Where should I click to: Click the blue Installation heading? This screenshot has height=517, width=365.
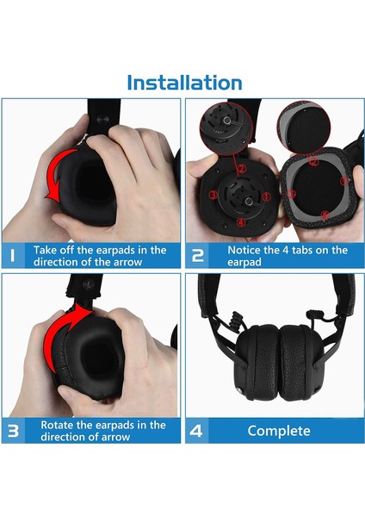(184, 83)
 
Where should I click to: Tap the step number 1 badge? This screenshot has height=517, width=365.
(13, 255)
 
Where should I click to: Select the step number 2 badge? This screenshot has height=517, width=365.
(198, 256)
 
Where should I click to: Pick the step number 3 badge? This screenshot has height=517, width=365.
(13, 431)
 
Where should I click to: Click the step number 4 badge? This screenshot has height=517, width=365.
(196, 431)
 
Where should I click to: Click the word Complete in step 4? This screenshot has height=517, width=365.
(279, 431)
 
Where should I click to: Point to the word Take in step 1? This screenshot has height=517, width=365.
(45, 250)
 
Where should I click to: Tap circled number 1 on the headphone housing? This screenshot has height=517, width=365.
(266, 196)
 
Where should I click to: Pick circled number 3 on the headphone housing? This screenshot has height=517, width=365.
(213, 195)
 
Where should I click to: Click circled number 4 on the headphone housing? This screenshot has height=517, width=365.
(241, 222)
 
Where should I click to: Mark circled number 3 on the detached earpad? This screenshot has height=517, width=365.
(292, 194)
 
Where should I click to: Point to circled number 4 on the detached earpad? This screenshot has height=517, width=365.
(325, 215)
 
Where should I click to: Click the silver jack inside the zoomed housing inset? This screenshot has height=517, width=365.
(227, 121)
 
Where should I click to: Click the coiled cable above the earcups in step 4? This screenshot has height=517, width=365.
(236, 322)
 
